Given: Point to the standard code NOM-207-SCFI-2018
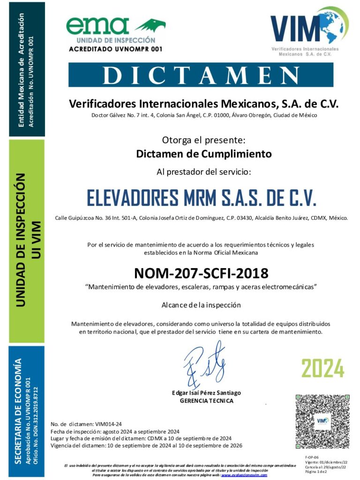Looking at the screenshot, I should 201,273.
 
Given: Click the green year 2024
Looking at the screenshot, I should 322,368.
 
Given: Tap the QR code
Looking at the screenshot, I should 322,421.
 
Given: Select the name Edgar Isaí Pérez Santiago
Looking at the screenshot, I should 206,393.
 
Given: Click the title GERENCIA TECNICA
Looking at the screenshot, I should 206,401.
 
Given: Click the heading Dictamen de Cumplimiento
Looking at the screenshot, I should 203,154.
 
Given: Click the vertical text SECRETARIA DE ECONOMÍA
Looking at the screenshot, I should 18,411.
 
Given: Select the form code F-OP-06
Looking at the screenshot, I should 312,457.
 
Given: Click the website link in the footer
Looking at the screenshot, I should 244,475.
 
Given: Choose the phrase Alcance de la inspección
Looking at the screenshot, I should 201,305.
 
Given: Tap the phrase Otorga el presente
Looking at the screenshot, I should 203,140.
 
